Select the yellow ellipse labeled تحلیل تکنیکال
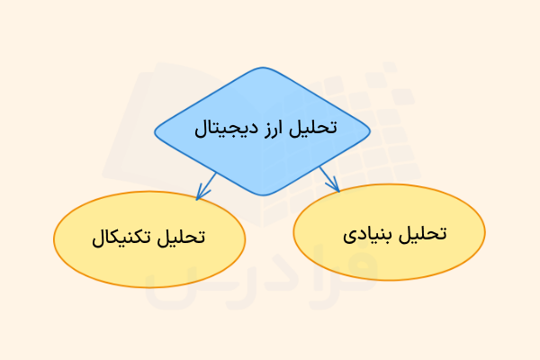149,238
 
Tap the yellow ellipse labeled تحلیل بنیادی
390,232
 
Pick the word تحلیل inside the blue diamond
320,127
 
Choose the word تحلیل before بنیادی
424,231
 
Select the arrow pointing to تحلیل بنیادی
328,178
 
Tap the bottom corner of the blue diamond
262,194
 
